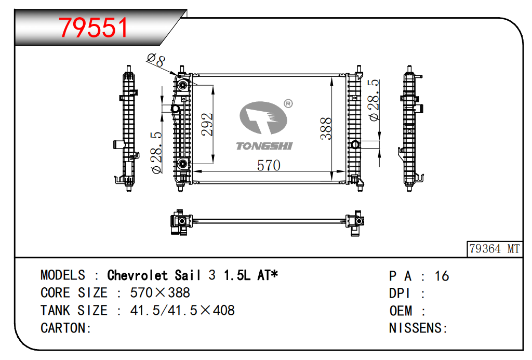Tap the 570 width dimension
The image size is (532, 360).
[269, 166]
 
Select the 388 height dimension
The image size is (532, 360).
[326, 129]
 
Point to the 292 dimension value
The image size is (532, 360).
[207, 125]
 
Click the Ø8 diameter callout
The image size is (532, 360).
[156, 60]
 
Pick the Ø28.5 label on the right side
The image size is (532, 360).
[374, 100]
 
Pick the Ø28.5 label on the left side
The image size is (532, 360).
[156, 153]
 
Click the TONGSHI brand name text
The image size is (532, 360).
[264, 146]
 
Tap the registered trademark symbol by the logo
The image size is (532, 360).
[288, 103]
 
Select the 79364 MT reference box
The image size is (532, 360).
[495, 249]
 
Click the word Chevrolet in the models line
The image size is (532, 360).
[137, 275]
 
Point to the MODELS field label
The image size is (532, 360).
[63, 275]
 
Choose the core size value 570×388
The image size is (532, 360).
[160, 293]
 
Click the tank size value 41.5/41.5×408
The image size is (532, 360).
[182, 311]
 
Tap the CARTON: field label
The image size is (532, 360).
[66, 328]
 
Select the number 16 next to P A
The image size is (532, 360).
[442, 276]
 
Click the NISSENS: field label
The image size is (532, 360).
[418, 328]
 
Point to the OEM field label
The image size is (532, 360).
[401, 311]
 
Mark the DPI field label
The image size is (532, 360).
[400, 294]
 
